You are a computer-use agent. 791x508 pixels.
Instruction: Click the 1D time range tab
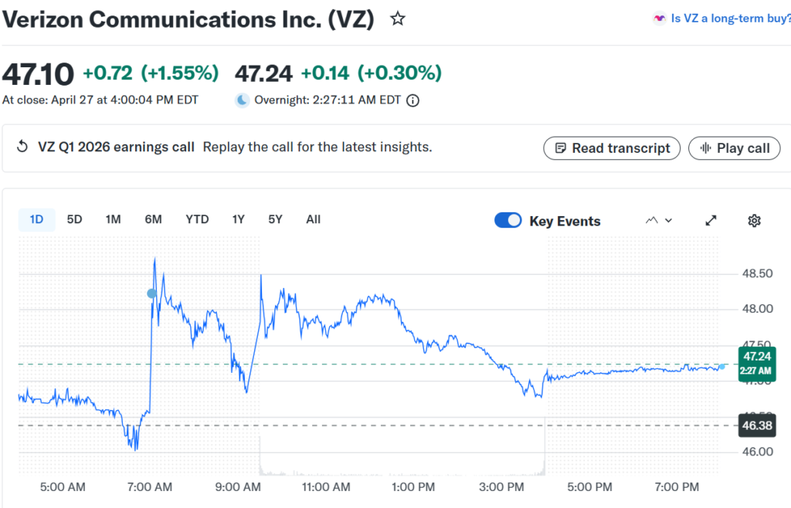click(36, 219)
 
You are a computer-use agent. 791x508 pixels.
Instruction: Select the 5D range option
click(74, 219)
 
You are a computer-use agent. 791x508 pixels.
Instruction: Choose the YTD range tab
click(197, 219)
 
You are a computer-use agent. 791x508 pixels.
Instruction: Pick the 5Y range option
click(275, 219)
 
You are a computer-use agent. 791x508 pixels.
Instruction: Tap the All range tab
click(313, 219)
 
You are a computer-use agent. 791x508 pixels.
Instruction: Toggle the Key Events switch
click(508, 221)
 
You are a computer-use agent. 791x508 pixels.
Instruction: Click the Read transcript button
click(612, 148)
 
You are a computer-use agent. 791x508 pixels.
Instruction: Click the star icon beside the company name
click(398, 19)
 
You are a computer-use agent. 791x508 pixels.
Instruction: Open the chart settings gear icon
click(755, 221)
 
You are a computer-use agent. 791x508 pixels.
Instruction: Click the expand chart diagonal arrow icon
click(711, 221)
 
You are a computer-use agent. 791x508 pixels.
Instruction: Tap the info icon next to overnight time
click(413, 100)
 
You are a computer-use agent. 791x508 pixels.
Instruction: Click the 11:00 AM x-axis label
click(326, 487)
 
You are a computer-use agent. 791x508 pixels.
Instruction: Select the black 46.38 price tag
click(755, 425)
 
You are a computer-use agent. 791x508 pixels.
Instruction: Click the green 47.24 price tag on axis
click(755, 360)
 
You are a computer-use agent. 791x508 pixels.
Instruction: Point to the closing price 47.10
click(39, 73)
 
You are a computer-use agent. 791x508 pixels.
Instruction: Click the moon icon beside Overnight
click(243, 100)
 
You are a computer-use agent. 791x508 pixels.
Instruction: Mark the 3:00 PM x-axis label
click(503, 487)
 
